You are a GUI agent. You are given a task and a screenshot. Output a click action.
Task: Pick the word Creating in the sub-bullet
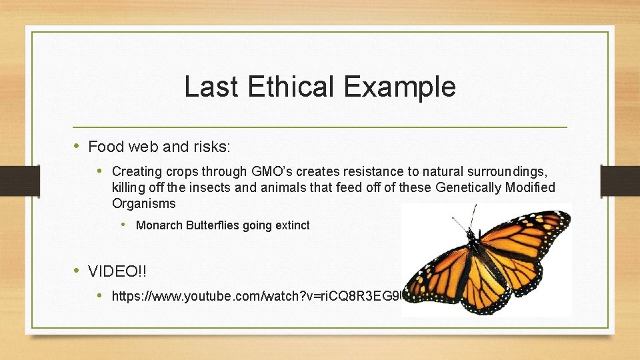coord(136,172)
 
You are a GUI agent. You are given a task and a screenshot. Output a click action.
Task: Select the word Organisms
coord(144,203)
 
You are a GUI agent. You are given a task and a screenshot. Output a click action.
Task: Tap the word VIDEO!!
coord(118,271)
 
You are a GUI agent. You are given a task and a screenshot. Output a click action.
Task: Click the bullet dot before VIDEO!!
coord(78,271)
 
